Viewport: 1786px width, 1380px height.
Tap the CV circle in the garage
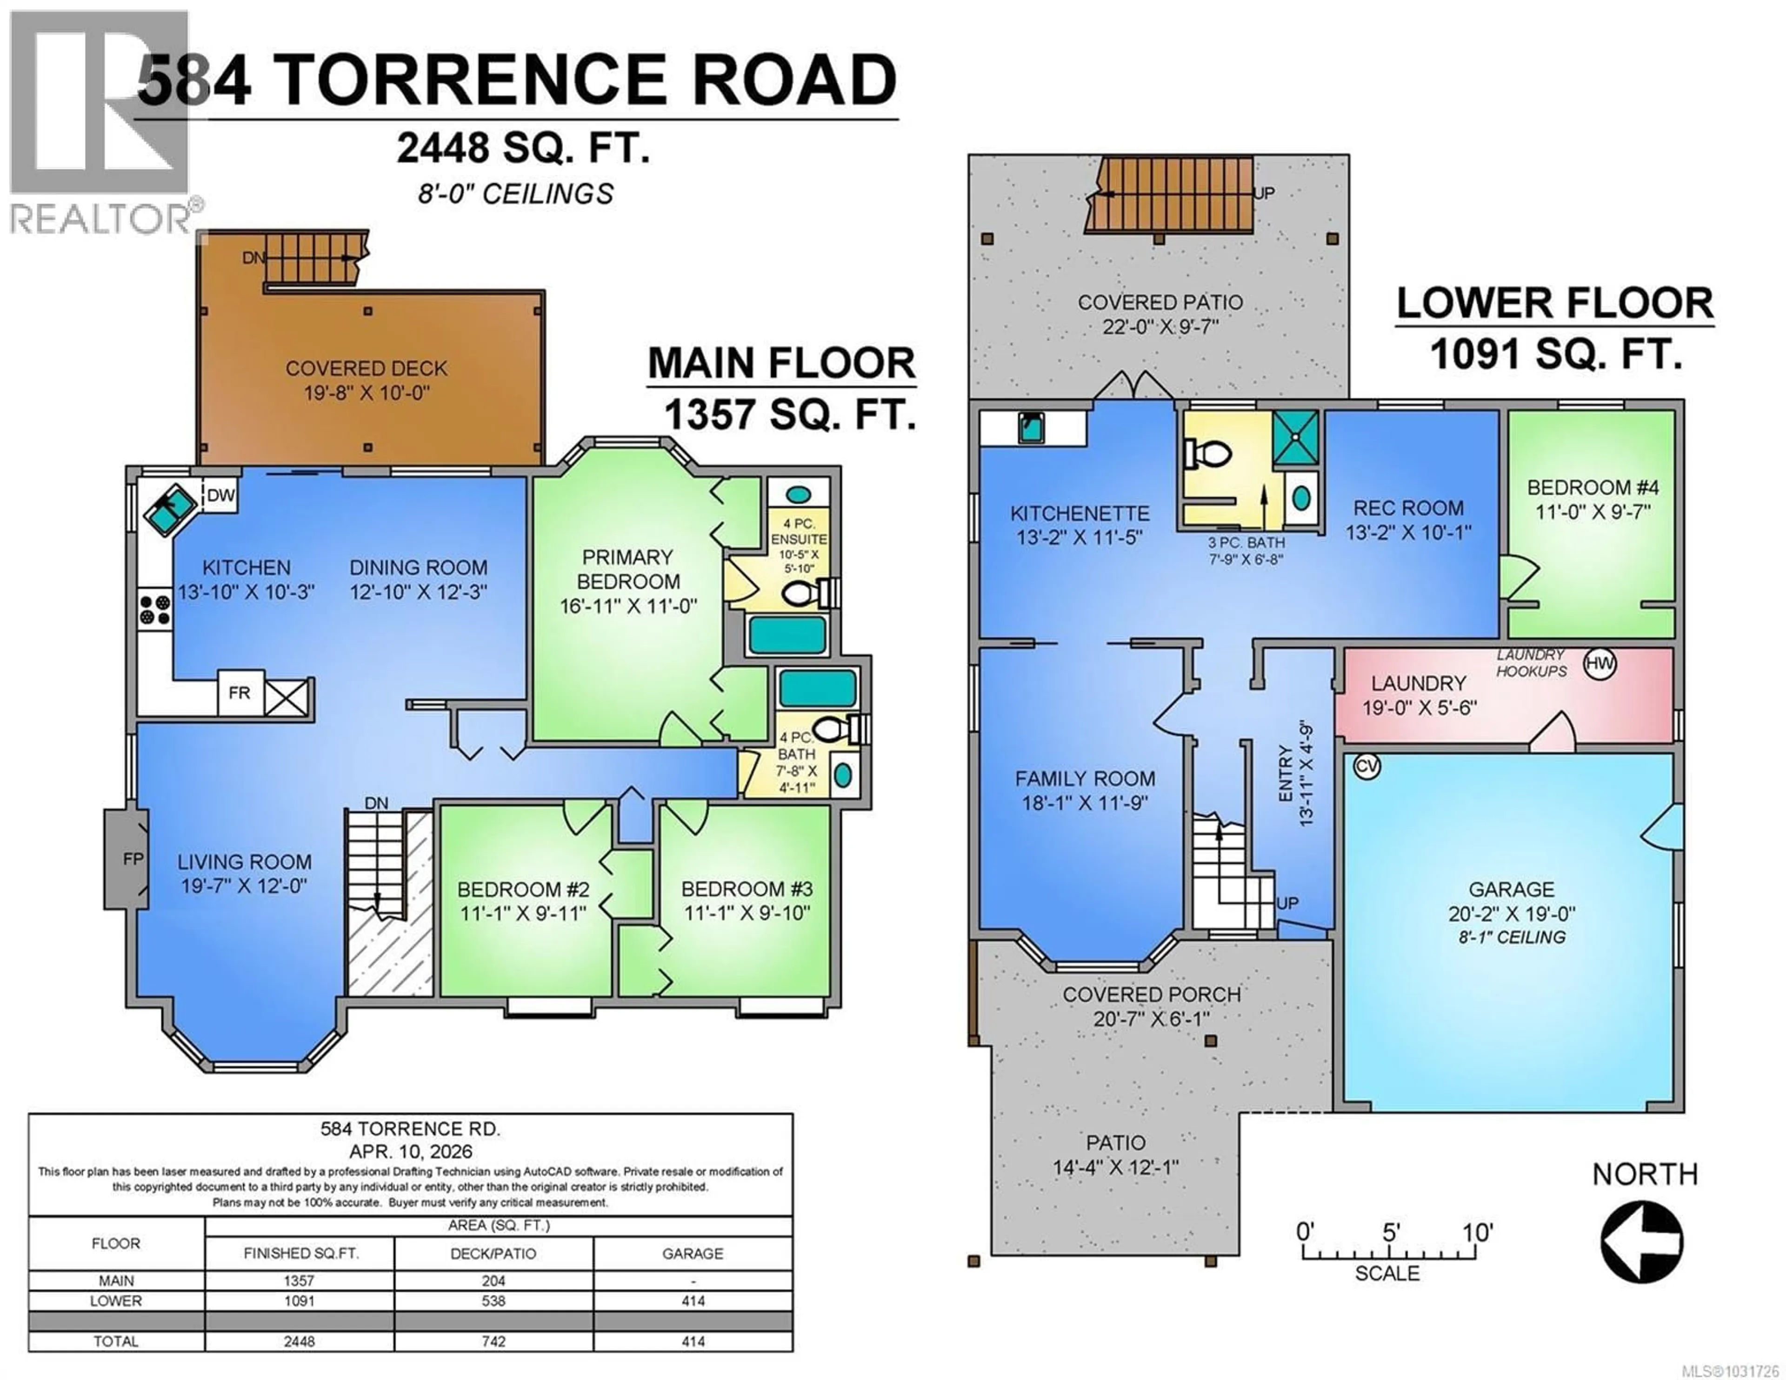point(1366,767)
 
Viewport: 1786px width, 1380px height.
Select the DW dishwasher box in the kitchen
point(221,495)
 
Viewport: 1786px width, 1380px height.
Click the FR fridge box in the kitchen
point(240,693)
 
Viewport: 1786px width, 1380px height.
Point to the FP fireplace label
point(133,859)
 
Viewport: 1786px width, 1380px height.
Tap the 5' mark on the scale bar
point(1391,1232)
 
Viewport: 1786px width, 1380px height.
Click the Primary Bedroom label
point(627,569)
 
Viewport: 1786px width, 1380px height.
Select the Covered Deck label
point(367,369)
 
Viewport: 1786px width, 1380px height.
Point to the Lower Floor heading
point(1554,304)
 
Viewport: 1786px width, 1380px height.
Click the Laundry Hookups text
point(1531,663)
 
